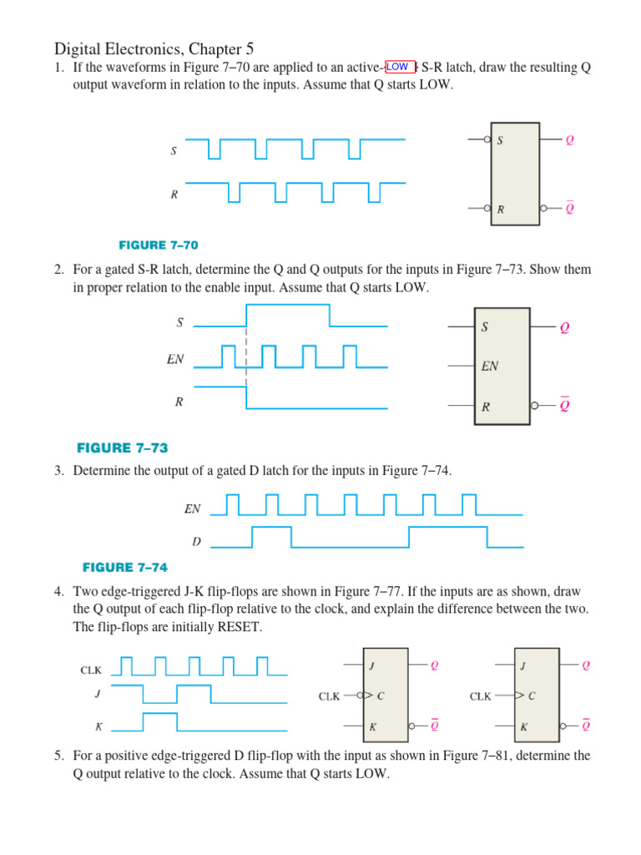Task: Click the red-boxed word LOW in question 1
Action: [398, 67]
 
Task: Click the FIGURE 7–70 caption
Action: [159, 245]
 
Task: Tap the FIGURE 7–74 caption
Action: [125, 568]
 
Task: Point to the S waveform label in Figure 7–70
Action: [173, 151]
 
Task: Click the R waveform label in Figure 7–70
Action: [174, 195]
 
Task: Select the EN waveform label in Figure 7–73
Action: [175, 361]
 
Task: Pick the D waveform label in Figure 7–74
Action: [197, 541]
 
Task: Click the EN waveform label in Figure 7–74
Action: [193, 508]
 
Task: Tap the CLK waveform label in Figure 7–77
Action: [91, 670]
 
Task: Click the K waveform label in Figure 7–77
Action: [98, 726]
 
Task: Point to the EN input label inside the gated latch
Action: [490, 366]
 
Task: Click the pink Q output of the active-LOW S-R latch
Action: [570, 140]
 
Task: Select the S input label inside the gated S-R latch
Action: [484, 327]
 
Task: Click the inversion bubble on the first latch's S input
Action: [487, 140]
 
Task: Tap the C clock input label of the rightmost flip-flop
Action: [532, 696]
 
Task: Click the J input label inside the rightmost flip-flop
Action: [523, 665]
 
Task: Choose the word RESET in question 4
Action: [237, 626]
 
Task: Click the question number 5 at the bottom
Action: [59, 756]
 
